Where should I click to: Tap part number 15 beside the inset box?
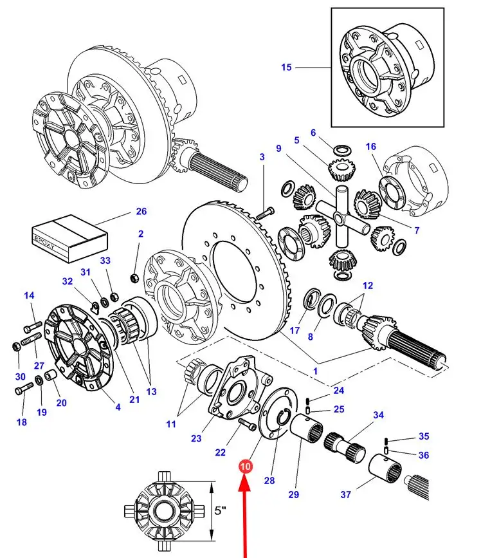coord(286,67)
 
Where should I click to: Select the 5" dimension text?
coord(221,510)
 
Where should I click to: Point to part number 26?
coord(141,210)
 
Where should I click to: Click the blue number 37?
coord(345,495)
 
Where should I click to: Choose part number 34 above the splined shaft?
coord(378,415)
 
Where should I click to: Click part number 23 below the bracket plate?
coord(196,438)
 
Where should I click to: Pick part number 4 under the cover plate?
coord(118,407)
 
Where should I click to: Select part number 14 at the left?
coord(29,295)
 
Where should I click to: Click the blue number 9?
coord(278,149)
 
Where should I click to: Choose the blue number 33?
coord(105,261)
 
